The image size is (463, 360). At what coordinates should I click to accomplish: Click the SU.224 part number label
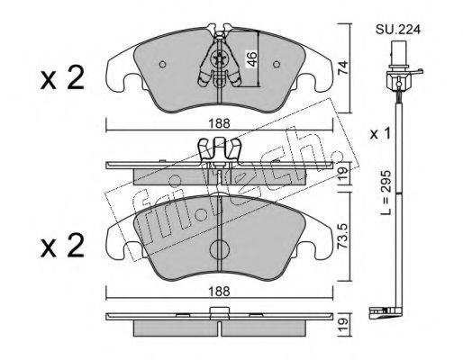398,30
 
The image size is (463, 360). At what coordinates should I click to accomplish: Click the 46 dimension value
252,58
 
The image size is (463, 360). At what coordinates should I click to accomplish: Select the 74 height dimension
342,67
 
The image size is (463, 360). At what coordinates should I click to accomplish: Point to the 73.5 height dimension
342,236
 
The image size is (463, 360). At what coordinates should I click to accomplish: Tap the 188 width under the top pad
220,123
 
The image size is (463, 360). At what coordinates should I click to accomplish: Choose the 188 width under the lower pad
220,291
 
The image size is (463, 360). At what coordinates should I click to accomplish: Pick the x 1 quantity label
380,133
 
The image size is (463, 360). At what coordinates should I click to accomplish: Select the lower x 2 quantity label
62,246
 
